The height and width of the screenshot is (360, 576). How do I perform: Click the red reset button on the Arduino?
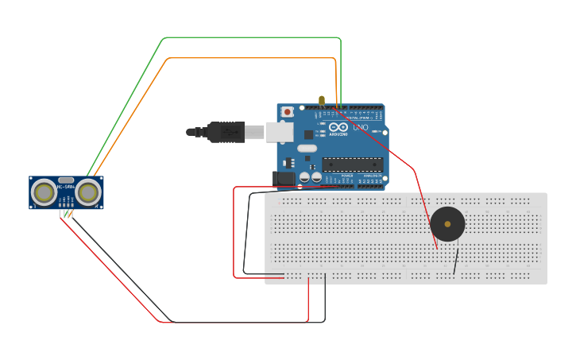pyautogui.click(x=287, y=112)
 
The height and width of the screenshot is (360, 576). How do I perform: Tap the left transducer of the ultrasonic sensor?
pyautogui.click(x=44, y=192)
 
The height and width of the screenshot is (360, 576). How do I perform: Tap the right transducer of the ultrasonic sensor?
pyautogui.click(x=88, y=192)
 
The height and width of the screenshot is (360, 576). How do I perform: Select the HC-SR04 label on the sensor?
pyautogui.click(x=66, y=188)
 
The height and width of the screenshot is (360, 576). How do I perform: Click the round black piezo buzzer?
pyautogui.click(x=447, y=224)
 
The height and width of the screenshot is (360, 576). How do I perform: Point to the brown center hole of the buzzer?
pyautogui.click(x=447, y=224)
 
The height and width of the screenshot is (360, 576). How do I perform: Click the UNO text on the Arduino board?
pyautogui.click(x=360, y=127)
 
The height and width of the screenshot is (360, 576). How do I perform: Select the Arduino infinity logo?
pyautogui.click(x=338, y=127)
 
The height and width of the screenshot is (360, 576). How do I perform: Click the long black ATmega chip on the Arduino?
pyautogui.click(x=352, y=165)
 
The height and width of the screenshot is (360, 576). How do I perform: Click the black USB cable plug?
pyautogui.click(x=226, y=132)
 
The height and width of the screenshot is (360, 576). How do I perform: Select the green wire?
pyautogui.click(x=238, y=37)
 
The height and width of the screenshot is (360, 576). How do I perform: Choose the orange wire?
pyautogui.click(x=238, y=58)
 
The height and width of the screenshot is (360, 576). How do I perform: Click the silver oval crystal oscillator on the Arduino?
pyautogui.click(x=307, y=148)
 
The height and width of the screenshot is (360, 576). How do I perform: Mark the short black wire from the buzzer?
pyautogui.click(x=456, y=261)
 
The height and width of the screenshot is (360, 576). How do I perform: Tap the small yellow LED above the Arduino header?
pyautogui.click(x=322, y=101)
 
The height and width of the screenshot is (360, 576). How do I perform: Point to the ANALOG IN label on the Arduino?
pyautogui.click(x=372, y=176)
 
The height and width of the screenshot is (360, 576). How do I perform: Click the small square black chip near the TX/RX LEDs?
pyautogui.click(x=308, y=134)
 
